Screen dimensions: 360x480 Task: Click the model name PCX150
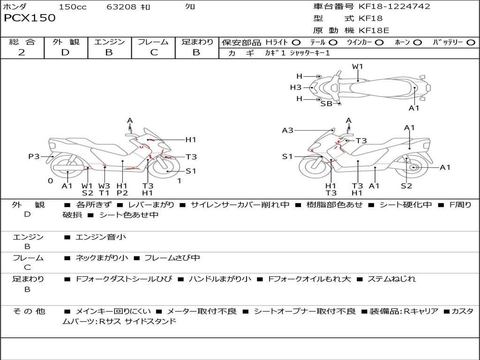(30, 18)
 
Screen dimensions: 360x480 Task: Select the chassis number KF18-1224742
(394, 7)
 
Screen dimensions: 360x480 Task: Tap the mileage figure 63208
(121, 7)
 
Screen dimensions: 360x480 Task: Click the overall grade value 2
(22, 52)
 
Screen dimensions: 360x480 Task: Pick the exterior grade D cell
(65, 52)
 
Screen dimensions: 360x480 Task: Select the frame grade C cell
(154, 52)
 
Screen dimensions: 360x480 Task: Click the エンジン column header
(109, 42)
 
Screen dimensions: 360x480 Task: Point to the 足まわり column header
(197, 42)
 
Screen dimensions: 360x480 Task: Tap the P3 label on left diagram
(34, 157)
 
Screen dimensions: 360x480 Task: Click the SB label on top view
(326, 104)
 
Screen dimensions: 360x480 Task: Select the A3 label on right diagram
(287, 130)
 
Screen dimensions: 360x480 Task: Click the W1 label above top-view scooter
(358, 67)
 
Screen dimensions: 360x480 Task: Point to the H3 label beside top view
(295, 87)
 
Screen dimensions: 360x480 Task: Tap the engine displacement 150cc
(73, 7)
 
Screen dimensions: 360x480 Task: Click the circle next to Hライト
(296, 43)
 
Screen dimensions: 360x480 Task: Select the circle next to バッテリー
(471, 43)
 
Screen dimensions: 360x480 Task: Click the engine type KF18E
(374, 31)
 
